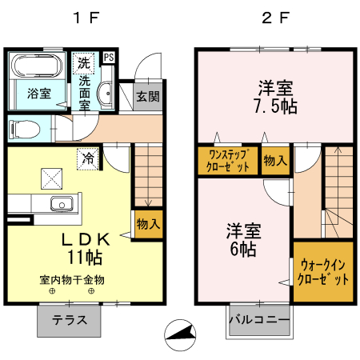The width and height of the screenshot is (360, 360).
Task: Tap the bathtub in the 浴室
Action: click(35, 67)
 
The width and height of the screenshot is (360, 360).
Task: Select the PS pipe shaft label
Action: click(109, 57)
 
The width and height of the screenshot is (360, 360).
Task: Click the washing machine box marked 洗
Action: click(84, 62)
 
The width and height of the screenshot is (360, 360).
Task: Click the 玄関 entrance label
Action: click(147, 97)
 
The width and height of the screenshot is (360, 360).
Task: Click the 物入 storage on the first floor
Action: click(148, 223)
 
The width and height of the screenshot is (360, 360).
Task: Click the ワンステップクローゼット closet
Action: click(228, 161)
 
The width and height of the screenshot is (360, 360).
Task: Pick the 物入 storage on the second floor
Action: click(276, 161)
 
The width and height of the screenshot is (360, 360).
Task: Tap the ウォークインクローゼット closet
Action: click(323, 272)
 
